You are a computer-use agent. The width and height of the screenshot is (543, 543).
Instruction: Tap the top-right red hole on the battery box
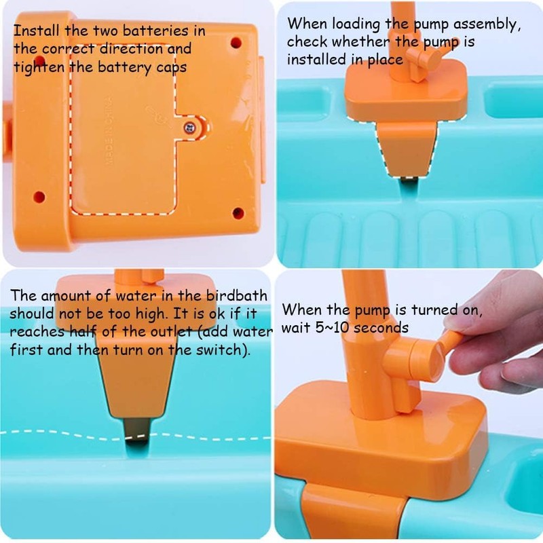pos(236,42)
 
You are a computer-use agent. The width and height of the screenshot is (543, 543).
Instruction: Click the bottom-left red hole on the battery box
pos(39,197)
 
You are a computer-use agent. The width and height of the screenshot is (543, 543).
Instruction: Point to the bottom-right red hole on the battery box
pos(238,213)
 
